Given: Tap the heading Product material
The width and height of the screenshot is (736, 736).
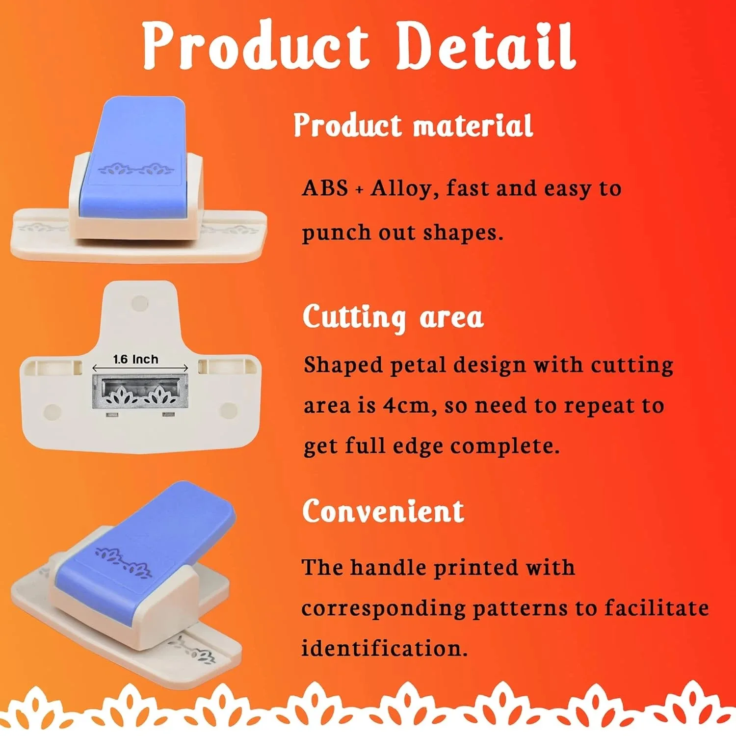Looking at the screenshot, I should pyautogui.click(x=413, y=126).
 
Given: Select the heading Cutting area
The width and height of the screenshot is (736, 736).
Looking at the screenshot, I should pyautogui.click(x=393, y=317).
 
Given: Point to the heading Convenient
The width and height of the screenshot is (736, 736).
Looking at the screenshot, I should pyautogui.click(x=383, y=511).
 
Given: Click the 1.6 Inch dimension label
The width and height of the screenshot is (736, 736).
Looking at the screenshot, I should pyautogui.click(x=135, y=359).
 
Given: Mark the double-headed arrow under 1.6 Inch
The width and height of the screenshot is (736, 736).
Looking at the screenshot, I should pyautogui.click(x=140, y=368).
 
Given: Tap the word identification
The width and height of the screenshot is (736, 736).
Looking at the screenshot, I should pyautogui.click(x=384, y=649).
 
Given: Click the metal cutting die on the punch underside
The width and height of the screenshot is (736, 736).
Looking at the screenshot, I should pyautogui.click(x=140, y=392).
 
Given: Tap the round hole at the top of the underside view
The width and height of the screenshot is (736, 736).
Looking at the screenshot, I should pyautogui.click(x=140, y=303).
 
